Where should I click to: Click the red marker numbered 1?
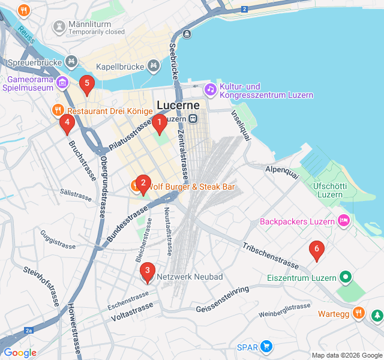(159, 124)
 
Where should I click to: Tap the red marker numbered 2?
(142, 184)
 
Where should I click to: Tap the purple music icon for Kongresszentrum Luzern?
(210, 89)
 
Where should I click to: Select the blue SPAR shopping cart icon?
(266, 346)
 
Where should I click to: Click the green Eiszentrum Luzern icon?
(344, 277)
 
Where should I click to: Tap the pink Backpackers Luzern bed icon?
(344, 221)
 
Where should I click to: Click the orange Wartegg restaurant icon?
(358, 313)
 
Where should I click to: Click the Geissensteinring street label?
(222, 300)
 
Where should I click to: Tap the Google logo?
(19, 353)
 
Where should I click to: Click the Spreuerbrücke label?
(35, 62)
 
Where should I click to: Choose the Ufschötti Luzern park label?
(330, 190)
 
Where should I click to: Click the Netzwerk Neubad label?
(190, 277)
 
